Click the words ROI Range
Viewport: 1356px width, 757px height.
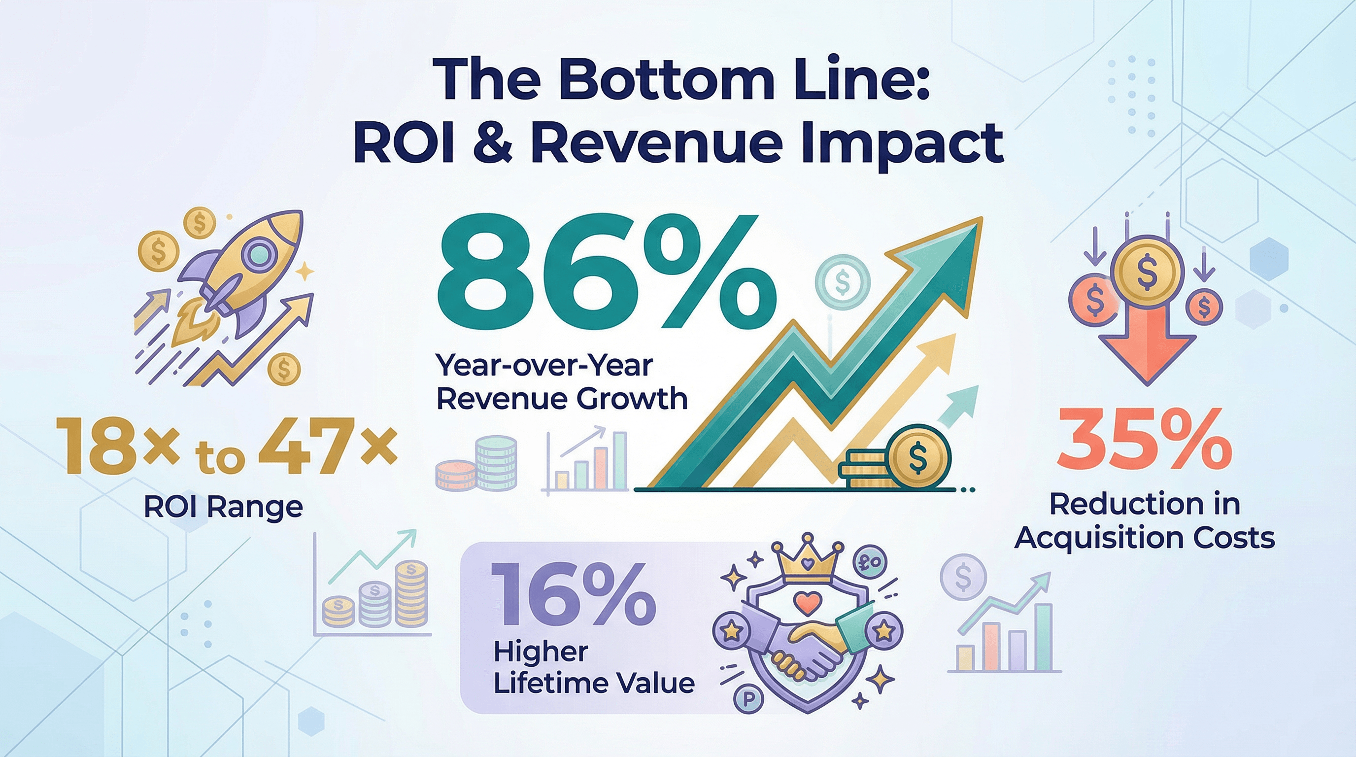tap(223, 507)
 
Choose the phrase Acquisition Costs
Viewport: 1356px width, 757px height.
tap(1145, 538)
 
